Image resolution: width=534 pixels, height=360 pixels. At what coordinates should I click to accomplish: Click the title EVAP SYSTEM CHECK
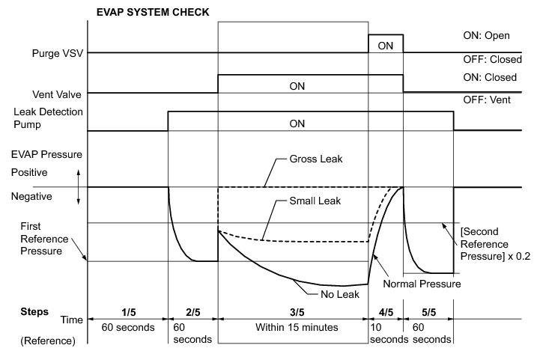[x=153, y=13]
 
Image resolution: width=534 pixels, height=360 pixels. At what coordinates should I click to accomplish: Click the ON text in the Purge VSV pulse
[x=386, y=46]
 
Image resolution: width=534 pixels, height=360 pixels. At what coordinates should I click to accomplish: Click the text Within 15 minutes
[x=291, y=328]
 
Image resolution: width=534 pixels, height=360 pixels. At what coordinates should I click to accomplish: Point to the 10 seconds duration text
[x=386, y=333]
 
